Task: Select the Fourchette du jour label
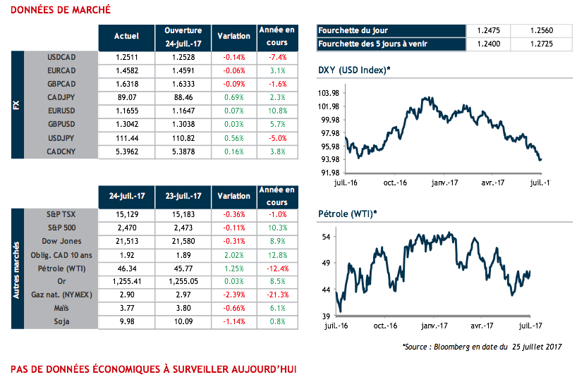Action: [x=353, y=30]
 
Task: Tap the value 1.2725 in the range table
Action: [x=545, y=44]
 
